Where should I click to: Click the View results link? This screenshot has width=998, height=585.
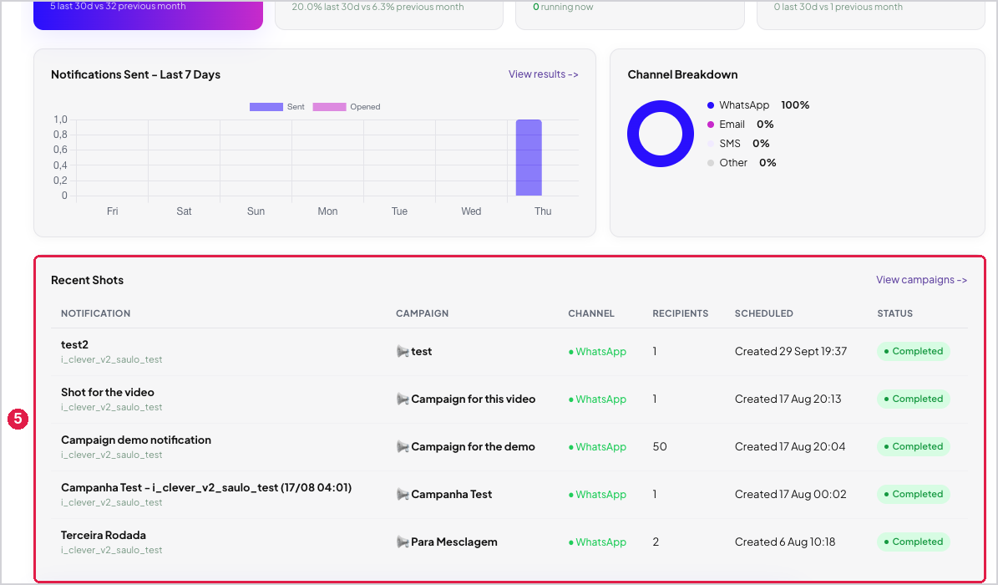tap(543, 74)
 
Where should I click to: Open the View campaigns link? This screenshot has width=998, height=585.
tap(921, 280)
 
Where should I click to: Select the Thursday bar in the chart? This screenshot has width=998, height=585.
tap(529, 157)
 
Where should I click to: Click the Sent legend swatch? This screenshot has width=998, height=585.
tap(266, 107)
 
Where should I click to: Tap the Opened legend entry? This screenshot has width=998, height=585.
tap(347, 107)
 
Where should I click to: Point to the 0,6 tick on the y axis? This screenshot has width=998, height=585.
tap(60, 150)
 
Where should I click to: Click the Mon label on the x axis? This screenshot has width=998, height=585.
tap(327, 211)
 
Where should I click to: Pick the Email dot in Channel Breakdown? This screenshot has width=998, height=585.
tap(711, 125)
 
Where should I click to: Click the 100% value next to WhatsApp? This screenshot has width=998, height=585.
tap(795, 105)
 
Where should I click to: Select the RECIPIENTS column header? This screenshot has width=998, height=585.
tap(681, 313)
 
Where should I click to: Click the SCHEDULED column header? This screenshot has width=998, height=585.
tap(764, 313)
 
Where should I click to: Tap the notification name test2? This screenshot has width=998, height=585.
tap(74, 345)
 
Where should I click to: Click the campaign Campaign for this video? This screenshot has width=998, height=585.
tap(473, 399)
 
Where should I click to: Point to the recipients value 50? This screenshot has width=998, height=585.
tap(660, 447)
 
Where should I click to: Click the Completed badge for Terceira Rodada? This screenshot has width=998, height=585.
tap(914, 542)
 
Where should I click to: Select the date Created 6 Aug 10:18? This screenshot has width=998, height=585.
tap(785, 542)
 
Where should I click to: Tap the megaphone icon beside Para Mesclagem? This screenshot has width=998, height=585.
tap(403, 542)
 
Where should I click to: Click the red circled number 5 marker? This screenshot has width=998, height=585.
tap(18, 419)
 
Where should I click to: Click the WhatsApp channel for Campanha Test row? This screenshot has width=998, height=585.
tap(597, 495)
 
